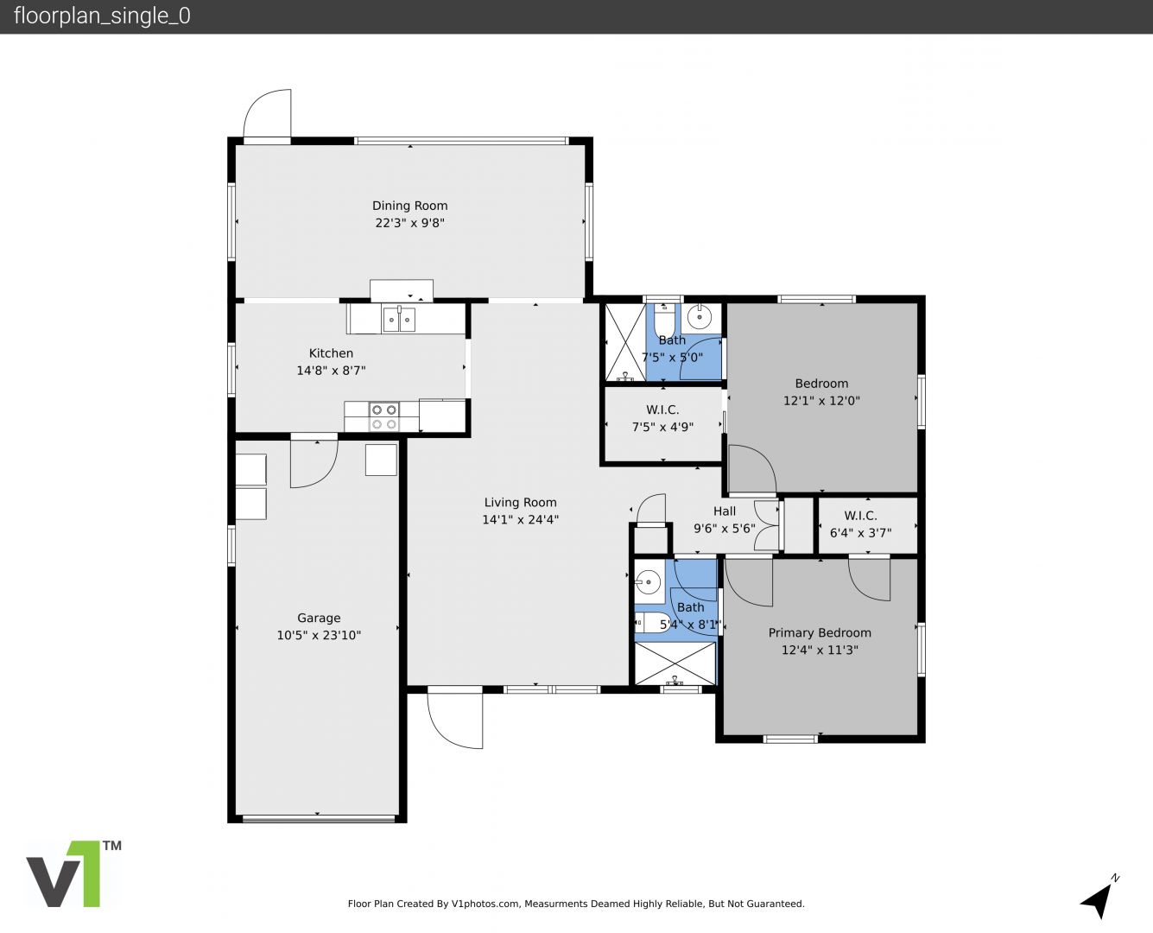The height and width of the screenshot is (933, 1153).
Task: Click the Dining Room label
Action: click(x=409, y=206)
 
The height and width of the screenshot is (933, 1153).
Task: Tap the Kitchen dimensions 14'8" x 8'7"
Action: click(x=331, y=371)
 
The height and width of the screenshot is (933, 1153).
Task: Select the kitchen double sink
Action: click(x=400, y=320)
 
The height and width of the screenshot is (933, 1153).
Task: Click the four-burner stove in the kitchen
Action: click(x=383, y=417)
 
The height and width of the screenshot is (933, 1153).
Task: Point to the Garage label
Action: click(x=319, y=618)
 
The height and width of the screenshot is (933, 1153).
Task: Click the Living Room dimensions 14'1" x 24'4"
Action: click(x=520, y=520)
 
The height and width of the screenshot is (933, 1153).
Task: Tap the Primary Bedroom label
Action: click(x=820, y=633)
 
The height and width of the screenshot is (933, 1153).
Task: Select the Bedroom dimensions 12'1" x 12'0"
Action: click(x=821, y=401)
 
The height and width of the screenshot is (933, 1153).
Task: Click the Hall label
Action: click(x=725, y=511)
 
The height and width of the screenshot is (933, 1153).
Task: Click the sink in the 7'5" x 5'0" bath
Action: click(x=700, y=318)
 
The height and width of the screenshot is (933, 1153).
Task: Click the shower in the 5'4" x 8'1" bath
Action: click(x=675, y=663)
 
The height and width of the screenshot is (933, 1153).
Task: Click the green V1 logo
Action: click(x=74, y=873)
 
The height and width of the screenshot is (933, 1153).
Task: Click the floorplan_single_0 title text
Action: click(x=102, y=16)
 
